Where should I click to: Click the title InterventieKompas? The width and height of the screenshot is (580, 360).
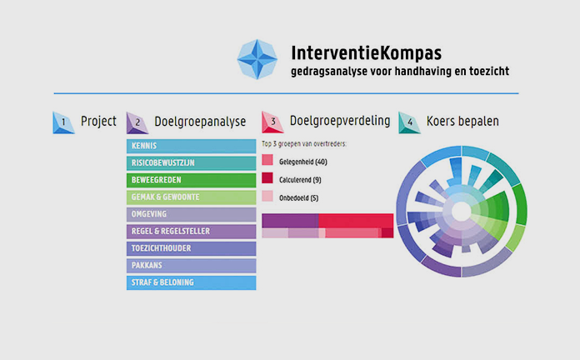[367, 52]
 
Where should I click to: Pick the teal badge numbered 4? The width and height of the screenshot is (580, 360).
[409, 122]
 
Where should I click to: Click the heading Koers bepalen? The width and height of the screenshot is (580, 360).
[462, 122]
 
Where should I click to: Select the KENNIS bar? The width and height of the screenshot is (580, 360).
[191, 146]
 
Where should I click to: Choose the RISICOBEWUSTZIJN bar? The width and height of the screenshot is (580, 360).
[191, 162]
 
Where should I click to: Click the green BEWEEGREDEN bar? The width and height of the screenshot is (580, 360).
[191, 180]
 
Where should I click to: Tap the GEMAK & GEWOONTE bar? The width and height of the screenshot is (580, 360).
[191, 197]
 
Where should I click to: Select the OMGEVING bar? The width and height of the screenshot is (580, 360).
[191, 214]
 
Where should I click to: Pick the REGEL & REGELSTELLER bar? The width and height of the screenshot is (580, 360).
[191, 231]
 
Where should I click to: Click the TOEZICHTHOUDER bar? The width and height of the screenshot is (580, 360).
[191, 248]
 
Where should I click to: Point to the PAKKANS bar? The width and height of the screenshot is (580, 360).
[191, 265]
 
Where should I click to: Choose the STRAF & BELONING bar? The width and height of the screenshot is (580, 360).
[191, 282]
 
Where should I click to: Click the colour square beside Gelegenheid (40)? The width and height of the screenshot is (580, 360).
[267, 161]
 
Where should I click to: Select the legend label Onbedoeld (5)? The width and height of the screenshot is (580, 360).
[302, 197]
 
